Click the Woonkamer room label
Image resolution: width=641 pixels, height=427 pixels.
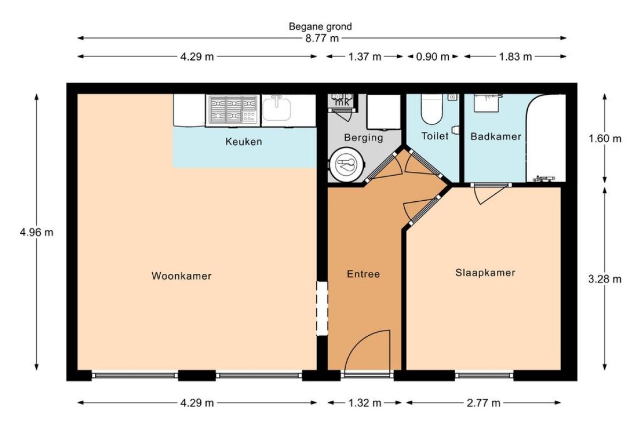tap(182, 276)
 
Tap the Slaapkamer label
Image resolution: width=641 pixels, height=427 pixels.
tap(486, 273)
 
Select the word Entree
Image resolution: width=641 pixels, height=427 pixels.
tap(363, 274)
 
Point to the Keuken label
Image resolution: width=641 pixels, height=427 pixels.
tap(244, 141)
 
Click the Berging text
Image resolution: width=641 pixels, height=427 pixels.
tap(363, 138)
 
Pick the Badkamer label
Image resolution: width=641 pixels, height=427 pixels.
tap(496, 137)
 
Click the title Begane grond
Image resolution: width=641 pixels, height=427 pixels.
tap(320, 27)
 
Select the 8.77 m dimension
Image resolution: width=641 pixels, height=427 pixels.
tap(322, 38)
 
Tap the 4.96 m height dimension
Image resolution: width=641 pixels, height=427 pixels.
tap(37, 232)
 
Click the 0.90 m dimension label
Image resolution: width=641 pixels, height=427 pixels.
tap(432, 57)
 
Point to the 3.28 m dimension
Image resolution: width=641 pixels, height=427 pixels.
tap(605, 279)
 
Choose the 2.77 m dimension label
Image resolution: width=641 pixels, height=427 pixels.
tap(483, 404)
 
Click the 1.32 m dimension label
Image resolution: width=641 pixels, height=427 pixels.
tap(364, 404)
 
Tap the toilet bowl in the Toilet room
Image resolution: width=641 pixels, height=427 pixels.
tap(432, 109)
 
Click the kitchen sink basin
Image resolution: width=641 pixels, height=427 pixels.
tap(277, 109)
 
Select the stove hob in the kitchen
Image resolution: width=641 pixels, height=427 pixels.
tap(233, 110)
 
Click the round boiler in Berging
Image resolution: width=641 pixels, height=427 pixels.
tap(347, 165)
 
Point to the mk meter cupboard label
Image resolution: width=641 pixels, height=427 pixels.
tap(342, 102)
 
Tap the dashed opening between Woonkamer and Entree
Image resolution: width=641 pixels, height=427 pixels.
tap(322, 309)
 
